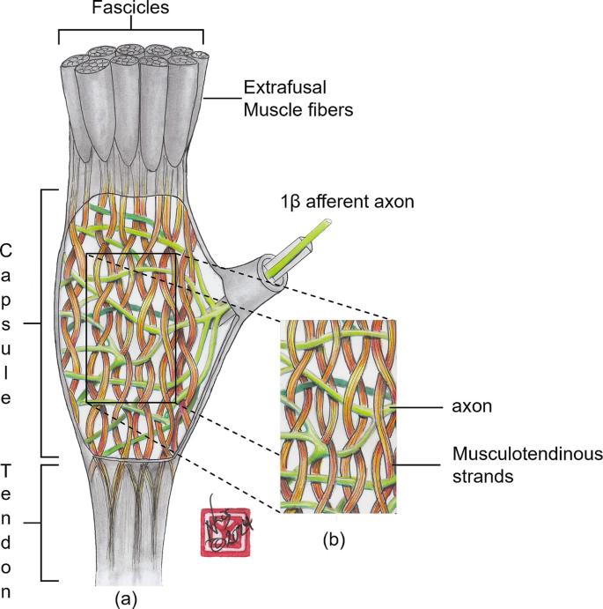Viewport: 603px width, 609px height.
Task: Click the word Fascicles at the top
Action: [130, 11]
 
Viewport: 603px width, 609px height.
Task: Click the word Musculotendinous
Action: [526, 455]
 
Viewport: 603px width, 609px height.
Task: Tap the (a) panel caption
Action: [128, 598]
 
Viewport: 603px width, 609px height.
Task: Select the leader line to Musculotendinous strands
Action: [422, 464]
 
